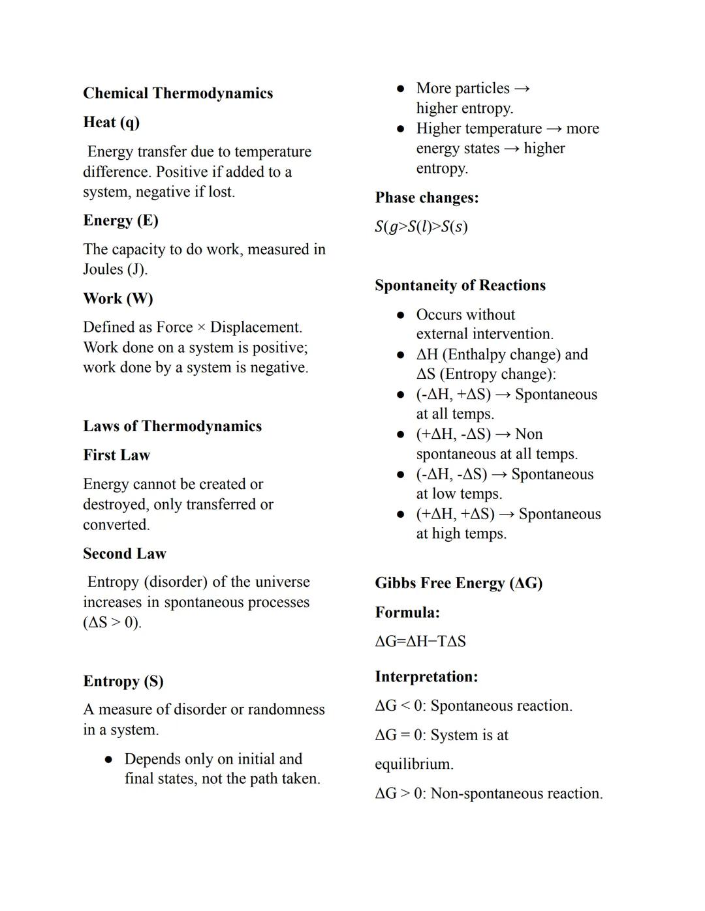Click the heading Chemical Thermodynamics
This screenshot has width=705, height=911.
coord(178,93)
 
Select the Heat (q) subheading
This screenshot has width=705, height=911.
coord(111,123)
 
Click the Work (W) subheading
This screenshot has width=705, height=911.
coord(117,299)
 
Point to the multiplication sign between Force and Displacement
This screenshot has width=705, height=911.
coord(201,327)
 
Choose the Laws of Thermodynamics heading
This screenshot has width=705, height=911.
coord(172,426)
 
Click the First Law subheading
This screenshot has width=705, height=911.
coord(116,455)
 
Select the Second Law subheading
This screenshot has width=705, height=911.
coord(124,554)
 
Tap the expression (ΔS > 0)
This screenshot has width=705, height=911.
coord(112,623)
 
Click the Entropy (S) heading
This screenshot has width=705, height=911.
coord(123,681)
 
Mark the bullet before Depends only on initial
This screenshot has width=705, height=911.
coord(109,760)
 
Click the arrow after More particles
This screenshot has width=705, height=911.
coord(522,89)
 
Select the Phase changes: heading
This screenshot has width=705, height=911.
coord(426,198)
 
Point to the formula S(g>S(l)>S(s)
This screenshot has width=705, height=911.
coord(421,227)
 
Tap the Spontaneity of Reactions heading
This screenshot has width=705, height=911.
coord(460,286)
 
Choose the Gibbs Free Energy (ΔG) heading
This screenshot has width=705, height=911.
coord(458,583)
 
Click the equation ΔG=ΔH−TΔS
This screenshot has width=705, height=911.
coord(420,642)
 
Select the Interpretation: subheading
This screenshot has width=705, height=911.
coord(426,677)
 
